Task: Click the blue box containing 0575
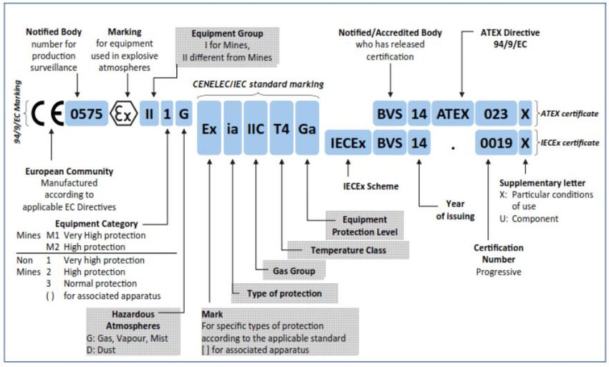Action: pos(87,113)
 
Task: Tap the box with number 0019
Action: pos(497,143)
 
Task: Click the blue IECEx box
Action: pos(347,143)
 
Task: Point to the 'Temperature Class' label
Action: pos(348,250)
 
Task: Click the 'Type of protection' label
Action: pos(284,293)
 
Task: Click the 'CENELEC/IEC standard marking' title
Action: pos(259,84)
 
